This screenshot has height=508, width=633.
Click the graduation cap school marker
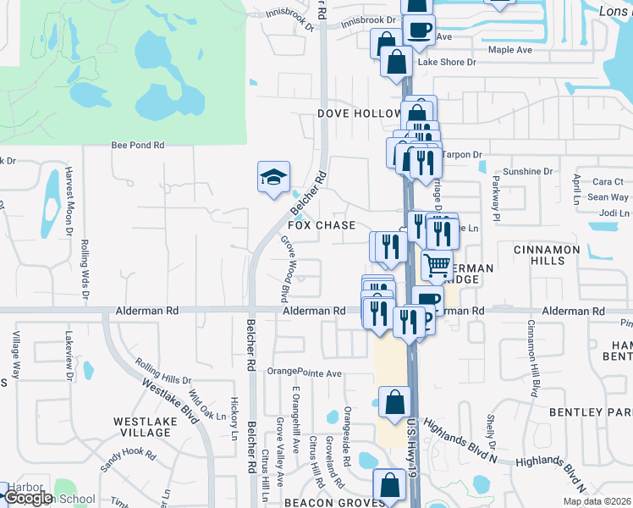point(273,178)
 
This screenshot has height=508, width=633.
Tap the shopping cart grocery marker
point(437,266)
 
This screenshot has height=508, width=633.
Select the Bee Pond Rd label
point(138,146)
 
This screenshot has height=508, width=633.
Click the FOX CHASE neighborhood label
point(322,226)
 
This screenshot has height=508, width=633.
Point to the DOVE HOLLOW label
point(360,113)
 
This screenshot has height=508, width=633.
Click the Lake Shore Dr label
point(447,62)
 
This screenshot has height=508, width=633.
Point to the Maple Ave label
point(510,50)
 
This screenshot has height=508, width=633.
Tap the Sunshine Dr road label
point(527,171)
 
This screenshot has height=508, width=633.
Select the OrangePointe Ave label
point(304,373)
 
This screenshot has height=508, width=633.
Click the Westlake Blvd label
point(166,395)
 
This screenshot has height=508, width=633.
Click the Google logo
point(29,498)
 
